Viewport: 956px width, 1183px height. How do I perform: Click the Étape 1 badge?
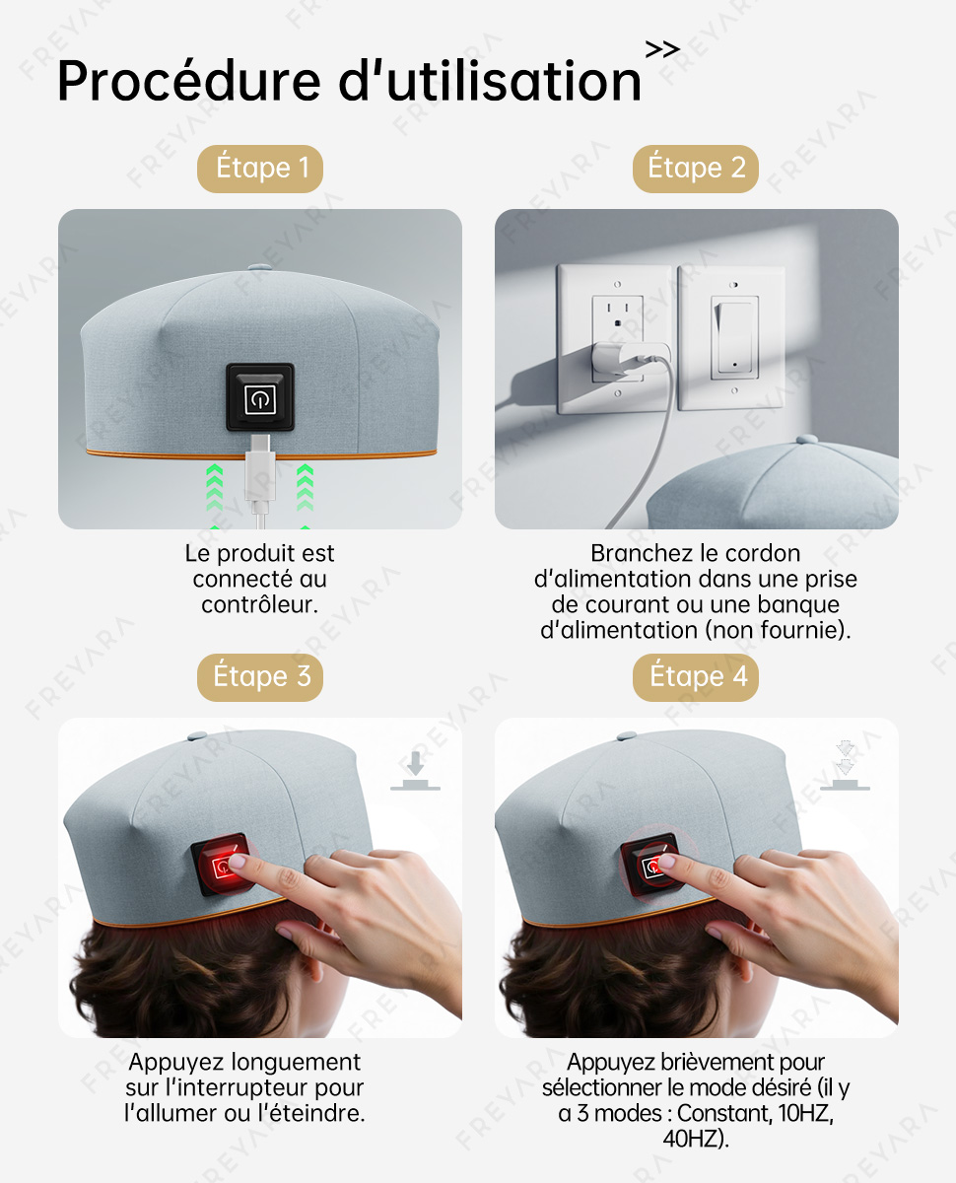point(260,169)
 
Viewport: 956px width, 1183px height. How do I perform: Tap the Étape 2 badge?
point(696,169)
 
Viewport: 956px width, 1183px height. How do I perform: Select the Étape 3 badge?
point(260,677)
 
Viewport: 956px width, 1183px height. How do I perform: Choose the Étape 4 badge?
point(696,677)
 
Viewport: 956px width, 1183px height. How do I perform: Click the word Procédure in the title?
point(189,81)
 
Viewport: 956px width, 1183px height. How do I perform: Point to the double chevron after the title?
point(662,49)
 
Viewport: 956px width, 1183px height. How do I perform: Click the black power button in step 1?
point(260,397)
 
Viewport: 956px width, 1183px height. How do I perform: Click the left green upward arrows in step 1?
point(214,489)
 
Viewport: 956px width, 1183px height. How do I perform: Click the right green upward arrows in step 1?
point(305,489)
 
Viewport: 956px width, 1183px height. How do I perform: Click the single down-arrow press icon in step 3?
point(415,771)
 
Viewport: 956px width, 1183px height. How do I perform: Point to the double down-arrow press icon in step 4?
point(845,766)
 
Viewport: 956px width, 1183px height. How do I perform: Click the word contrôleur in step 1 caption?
point(260,605)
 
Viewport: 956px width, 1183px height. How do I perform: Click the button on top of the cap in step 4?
point(627,736)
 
